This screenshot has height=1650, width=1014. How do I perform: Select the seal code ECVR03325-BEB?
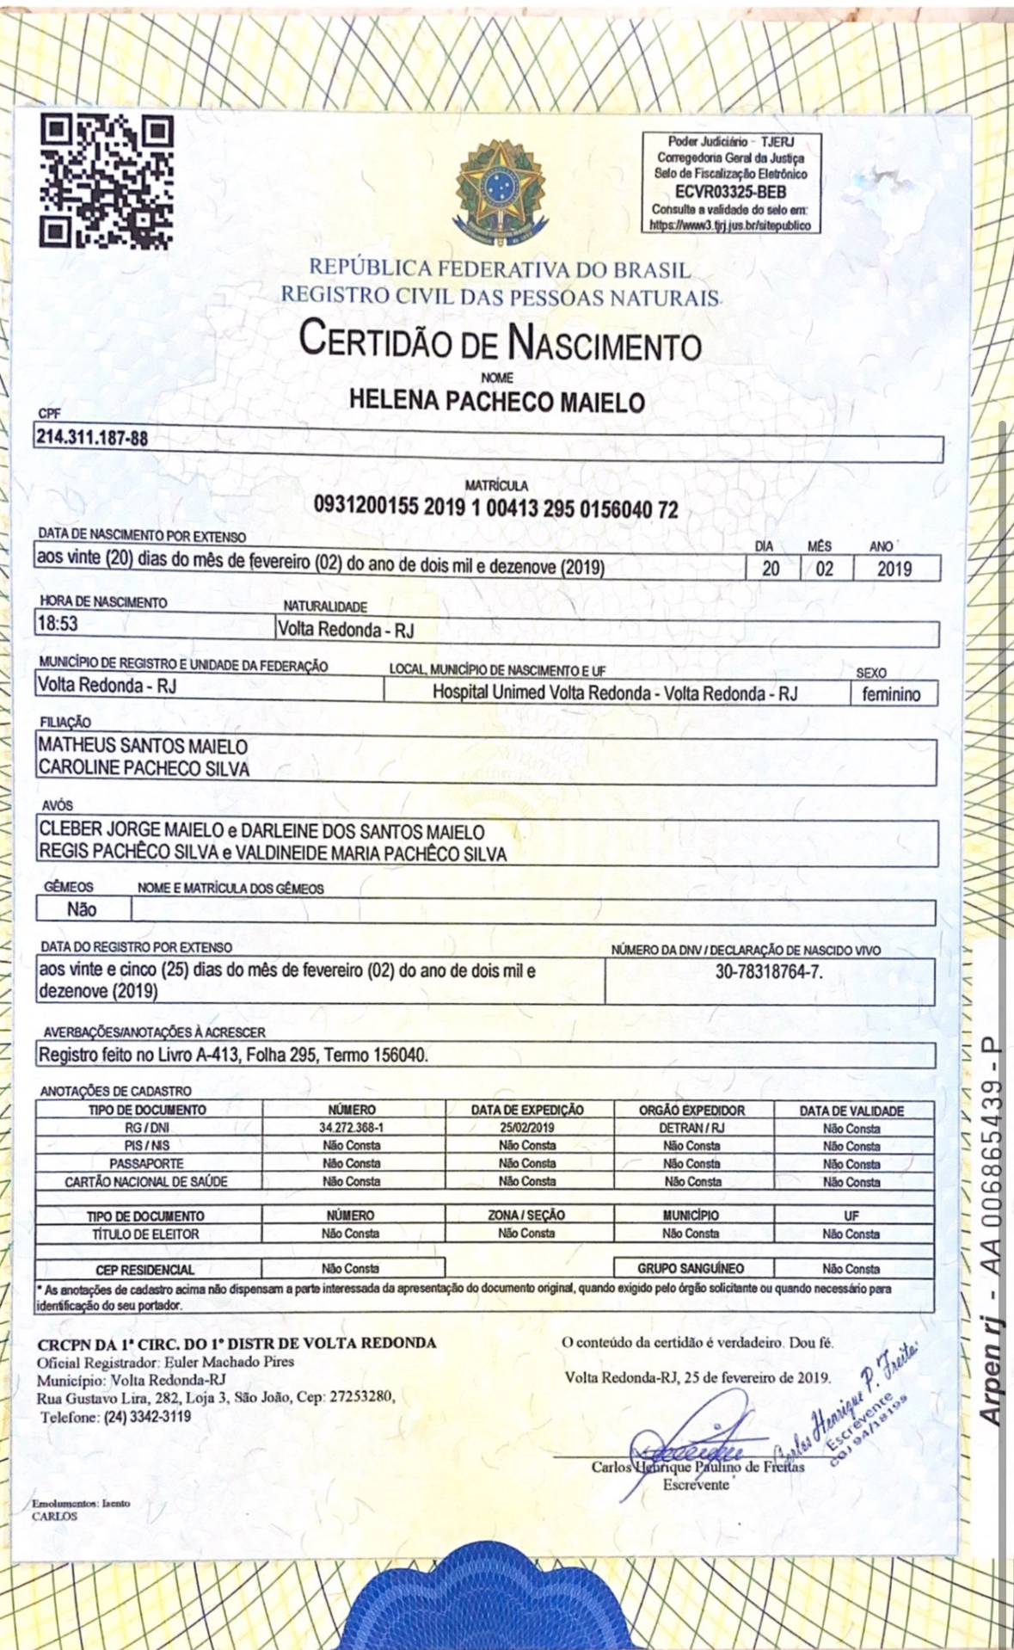(x=730, y=193)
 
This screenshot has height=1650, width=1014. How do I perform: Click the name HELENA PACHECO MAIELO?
(x=497, y=401)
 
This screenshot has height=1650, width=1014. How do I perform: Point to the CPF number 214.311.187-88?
(x=92, y=438)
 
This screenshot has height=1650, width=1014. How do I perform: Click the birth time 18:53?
(x=57, y=623)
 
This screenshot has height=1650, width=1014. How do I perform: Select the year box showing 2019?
(x=894, y=569)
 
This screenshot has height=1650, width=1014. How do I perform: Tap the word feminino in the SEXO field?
(x=891, y=694)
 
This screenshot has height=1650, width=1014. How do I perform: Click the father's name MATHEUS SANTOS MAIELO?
(x=143, y=747)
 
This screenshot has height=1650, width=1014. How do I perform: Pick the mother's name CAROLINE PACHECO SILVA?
(x=144, y=768)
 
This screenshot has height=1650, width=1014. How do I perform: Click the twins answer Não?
(x=82, y=909)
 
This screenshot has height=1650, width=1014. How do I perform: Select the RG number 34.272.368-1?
(x=351, y=1128)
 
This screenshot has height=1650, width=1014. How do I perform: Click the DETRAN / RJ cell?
(x=691, y=1128)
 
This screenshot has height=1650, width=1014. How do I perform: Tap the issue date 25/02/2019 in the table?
(x=526, y=1128)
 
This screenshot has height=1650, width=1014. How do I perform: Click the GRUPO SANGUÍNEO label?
(x=691, y=1269)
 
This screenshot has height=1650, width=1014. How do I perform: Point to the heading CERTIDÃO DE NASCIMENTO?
(x=500, y=342)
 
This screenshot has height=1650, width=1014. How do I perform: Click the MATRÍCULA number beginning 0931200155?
(x=495, y=508)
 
